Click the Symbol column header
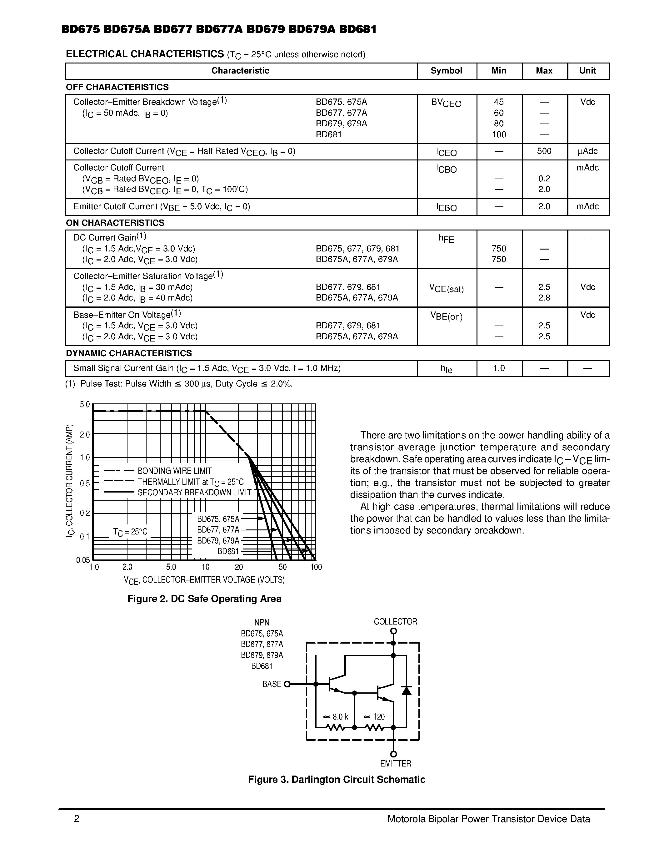point(446,71)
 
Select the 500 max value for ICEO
point(544,151)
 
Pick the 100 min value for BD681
point(499,135)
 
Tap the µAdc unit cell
point(587,151)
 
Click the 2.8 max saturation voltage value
point(544,298)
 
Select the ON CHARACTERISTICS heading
point(115,223)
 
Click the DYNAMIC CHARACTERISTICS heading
point(129,353)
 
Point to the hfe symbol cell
point(446,369)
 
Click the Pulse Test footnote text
point(179,384)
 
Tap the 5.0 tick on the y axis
point(85,405)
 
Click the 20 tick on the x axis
point(239,567)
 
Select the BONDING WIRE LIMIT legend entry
point(175,471)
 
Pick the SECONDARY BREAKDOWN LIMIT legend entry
point(194,493)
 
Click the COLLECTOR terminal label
point(395,622)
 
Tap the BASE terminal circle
point(287,684)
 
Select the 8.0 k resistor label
point(336,717)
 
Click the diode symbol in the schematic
point(406,691)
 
